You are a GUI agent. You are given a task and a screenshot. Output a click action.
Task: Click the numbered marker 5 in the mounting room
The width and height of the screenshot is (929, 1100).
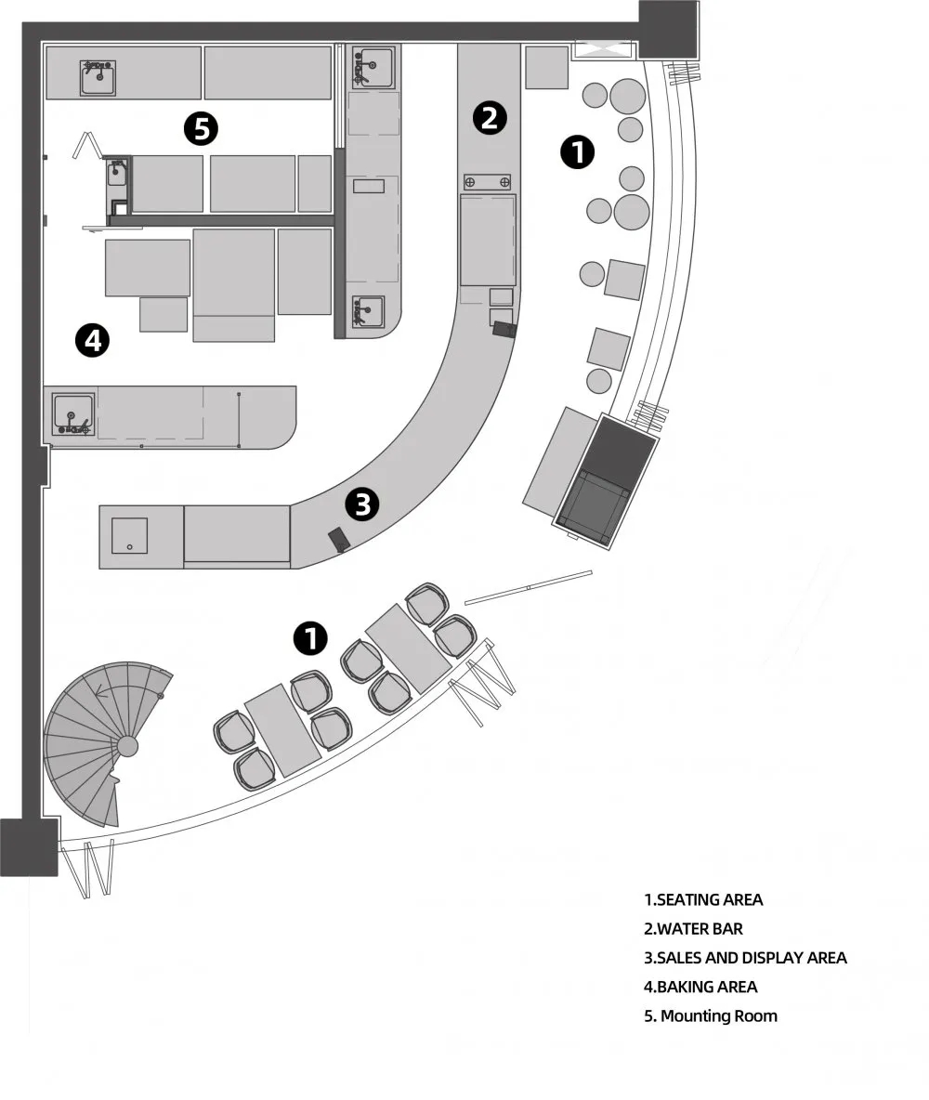pyautogui.click(x=202, y=128)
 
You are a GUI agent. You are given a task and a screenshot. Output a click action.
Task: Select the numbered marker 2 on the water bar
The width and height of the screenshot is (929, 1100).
pyautogui.click(x=489, y=117)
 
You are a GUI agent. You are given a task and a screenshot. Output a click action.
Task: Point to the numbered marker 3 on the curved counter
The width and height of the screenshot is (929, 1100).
pyautogui.click(x=362, y=504)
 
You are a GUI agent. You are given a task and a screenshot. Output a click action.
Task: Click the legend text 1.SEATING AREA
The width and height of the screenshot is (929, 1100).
pyautogui.click(x=703, y=899)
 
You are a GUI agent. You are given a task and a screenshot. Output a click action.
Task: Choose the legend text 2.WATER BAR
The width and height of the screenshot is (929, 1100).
pyautogui.click(x=693, y=929)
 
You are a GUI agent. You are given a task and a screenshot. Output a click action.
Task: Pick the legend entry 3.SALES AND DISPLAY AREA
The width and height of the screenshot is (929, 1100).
pyautogui.click(x=745, y=958)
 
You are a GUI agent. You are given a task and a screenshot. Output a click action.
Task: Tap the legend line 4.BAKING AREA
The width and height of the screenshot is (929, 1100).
pyautogui.click(x=700, y=987)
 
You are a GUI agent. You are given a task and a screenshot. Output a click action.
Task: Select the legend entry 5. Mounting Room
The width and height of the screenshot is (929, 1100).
pyautogui.click(x=710, y=1015)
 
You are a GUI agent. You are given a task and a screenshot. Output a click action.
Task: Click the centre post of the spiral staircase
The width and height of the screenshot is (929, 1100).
pyautogui.click(x=127, y=745)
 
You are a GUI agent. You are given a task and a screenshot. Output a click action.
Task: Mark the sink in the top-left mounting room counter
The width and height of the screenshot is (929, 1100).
pyautogui.click(x=98, y=78)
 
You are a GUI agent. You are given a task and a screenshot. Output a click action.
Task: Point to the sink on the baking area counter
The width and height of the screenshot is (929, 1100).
pyautogui.click(x=73, y=414)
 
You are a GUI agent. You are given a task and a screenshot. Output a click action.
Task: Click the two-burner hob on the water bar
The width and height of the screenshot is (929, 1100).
pyautogui.click(x=487, y=182)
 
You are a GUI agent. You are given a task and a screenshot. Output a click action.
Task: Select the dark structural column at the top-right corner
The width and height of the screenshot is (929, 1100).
pyautogui.click(x=669, y=30)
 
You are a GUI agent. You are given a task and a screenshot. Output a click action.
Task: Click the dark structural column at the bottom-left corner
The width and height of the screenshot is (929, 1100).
pyautogui.click(x=29, y=846)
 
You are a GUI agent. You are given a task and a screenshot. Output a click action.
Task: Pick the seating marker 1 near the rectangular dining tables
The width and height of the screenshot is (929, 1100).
pyautogui.click(x=310, y=637)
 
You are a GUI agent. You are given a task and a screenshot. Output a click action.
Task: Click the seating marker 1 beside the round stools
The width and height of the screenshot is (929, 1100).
pyautogui.click(x=578, y=152)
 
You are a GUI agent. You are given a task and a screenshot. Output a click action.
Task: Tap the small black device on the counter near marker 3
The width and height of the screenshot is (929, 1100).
pyautogui.click(x=338, y=540)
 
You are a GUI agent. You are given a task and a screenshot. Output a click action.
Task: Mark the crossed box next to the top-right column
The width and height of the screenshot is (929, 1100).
pyautogui.click(x=603, y=48)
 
